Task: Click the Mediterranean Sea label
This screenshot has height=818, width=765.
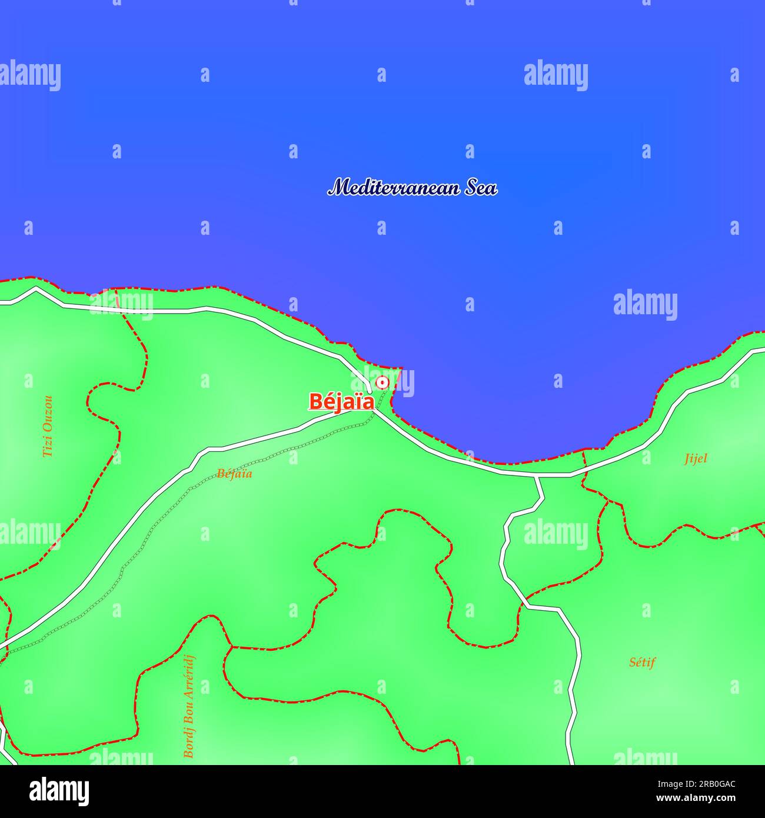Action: pyautogui.click(x=412, y=188)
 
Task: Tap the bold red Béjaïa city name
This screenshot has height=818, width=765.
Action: pyautogui.click(x=341, y=402)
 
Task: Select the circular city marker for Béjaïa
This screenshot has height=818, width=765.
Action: pyautogui.click(x=382, y=383)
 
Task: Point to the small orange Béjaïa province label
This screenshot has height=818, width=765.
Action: pyautogui.click(x=234, y=473)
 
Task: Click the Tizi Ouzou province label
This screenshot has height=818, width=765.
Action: pyautogui.click(x=48, y=426)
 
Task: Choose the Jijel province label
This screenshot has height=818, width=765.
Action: pyautogui.click(x=695, y=458)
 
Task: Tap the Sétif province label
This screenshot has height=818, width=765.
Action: pyautogui.click(x=642, y=662)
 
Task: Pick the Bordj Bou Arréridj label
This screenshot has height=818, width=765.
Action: pyautogui.click(x=188, y=706)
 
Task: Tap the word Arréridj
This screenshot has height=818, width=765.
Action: pyautogui.click(x=188, y=676)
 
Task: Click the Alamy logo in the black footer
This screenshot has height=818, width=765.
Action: pyautogui.click(x=59, y=791)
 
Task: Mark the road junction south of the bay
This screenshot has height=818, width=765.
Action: pyautogui.click(x=537, y=475)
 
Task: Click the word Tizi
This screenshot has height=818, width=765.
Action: pyautogui.click(x=48, y=448)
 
